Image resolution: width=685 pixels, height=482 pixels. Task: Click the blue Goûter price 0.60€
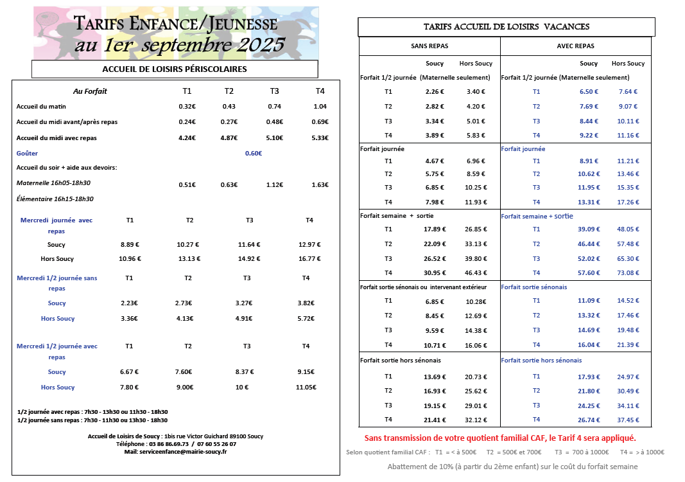[x=254, y=154]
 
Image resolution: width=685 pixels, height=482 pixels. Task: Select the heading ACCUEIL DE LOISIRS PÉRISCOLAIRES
[x=175, y=69]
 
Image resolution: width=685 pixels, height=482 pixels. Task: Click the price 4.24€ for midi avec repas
[x=187, y=138]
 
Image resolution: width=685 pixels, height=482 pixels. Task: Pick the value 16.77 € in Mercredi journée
[x=309, y=259]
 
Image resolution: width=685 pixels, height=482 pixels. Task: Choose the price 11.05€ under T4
[x=306, y=388]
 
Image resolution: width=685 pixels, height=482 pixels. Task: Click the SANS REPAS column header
[x=429, y=46]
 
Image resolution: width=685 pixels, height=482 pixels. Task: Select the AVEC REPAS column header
[x=575, y=46]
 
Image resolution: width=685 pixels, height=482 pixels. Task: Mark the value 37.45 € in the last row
[x=628, y=420]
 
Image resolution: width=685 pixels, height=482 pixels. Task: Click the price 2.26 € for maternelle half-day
[x=435, y=92]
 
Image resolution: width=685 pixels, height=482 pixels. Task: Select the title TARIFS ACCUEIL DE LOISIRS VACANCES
[x=507, y=27]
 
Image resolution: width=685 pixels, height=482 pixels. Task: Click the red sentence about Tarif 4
[x=500, y=438]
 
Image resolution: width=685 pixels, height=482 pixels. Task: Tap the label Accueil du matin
[x=37, y=107]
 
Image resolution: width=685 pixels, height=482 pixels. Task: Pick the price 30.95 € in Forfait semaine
[x=435, y=273]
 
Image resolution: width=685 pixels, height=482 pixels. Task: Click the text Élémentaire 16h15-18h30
[x=55, y=199]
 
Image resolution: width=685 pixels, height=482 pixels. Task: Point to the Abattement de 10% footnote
[x=512, y=467]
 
